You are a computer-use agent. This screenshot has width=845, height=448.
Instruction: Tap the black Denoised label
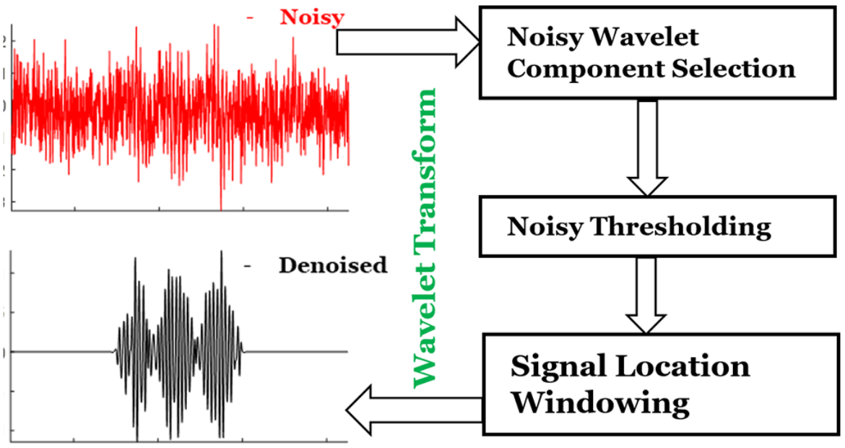coord(332,265)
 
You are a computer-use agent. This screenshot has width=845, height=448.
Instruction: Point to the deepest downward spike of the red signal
coord(221,206)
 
